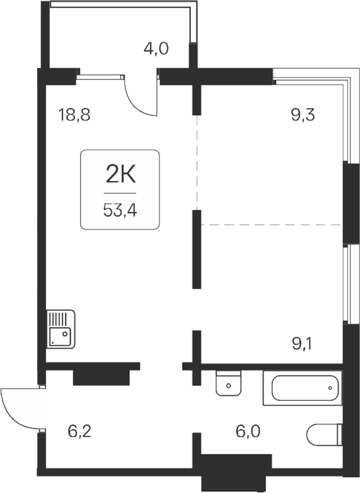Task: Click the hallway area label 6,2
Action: point(80,432)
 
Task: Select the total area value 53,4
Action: point(119,209)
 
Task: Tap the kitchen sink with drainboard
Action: point(61,328)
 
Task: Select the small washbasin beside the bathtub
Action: point(228,383)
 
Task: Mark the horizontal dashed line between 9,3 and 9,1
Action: point(271,224)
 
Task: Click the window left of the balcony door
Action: point(100,77)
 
